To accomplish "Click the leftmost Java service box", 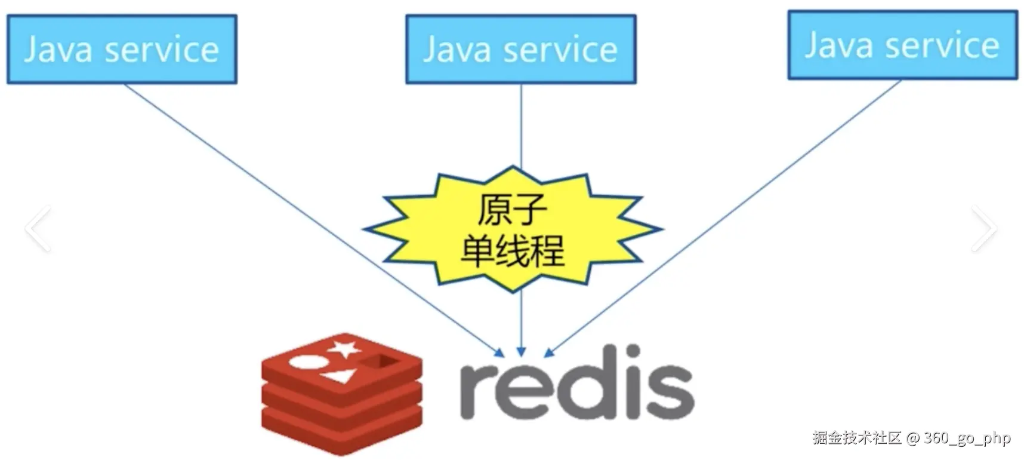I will tap(122, 49).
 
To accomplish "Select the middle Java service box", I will tap(520, 49).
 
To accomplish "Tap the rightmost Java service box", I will tap(902, 45).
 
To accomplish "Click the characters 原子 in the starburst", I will tap(512, 209).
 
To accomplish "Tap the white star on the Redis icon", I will tap(344, 348).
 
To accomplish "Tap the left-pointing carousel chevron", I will tap(38, 228).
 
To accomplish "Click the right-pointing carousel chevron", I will tap(984, 228).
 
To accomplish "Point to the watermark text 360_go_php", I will tap(967, 438).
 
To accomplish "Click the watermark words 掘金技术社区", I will tap(857, 438).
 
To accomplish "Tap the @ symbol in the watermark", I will tap(913, 438).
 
